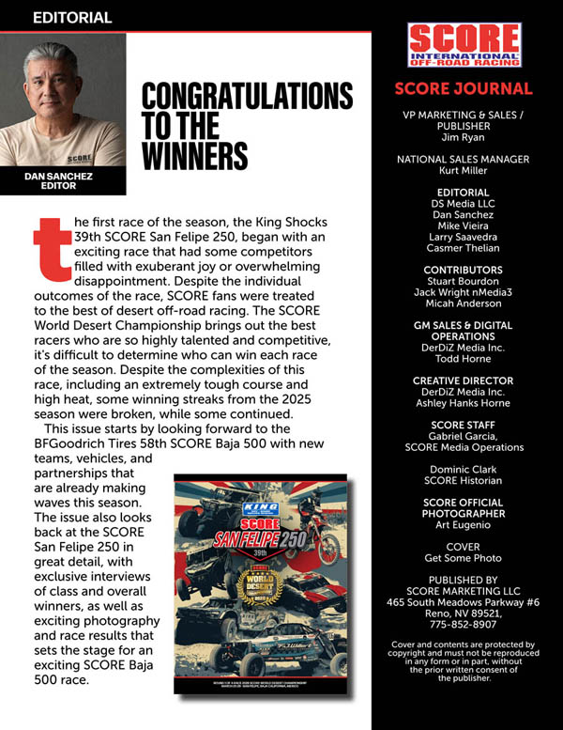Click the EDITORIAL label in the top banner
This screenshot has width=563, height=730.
tap(72, 17)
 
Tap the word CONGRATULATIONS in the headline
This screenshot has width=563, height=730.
tap(247, 97)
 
